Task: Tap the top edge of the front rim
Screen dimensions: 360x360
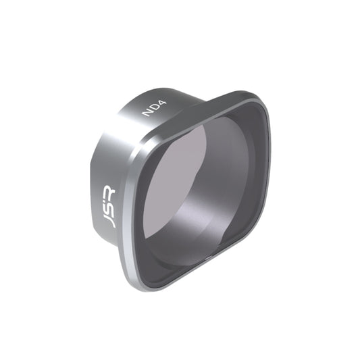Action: pyautogui.click(x=203, y=112)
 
